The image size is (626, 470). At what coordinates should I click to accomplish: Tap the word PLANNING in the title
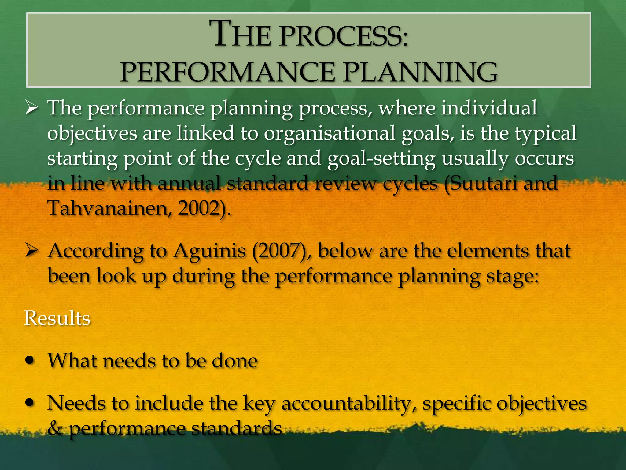point(420,73)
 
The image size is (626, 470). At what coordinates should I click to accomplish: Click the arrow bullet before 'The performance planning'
point(31,108)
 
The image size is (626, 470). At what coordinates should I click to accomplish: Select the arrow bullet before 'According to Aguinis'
point(31,251)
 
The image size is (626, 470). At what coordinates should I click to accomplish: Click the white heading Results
point(57,318)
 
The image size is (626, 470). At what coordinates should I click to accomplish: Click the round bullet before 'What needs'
point(30,360)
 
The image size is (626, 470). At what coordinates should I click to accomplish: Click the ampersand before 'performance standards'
point(55,428)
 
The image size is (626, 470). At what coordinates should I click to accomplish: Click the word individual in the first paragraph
point(488,108)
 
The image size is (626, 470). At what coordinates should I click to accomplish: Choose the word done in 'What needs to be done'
point(235,361)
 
